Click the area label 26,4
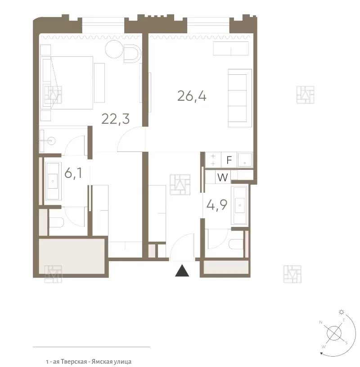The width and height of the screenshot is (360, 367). point(192,96)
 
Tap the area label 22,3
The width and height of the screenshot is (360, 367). point(116,119)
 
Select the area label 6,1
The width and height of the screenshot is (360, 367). point(73,173)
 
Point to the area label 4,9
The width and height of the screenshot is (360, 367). point(217,205)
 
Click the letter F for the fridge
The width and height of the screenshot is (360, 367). point(229,160)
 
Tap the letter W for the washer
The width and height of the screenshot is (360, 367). point(222,177)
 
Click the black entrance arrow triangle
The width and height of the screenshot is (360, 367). point(182,271)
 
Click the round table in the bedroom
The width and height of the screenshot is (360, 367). point(114,49)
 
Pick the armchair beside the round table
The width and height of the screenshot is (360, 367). point(132,54)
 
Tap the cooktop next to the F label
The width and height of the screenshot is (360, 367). point(213,160)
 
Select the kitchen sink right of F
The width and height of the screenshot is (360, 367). point(245,160)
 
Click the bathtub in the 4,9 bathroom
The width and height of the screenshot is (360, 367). point(239,205)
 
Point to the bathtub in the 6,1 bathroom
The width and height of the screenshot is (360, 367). point(53,181)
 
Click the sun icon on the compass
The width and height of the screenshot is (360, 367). point(342,312)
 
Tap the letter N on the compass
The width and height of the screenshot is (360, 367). point(321,322)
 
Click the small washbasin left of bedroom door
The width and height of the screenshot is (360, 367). point(48,141)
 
